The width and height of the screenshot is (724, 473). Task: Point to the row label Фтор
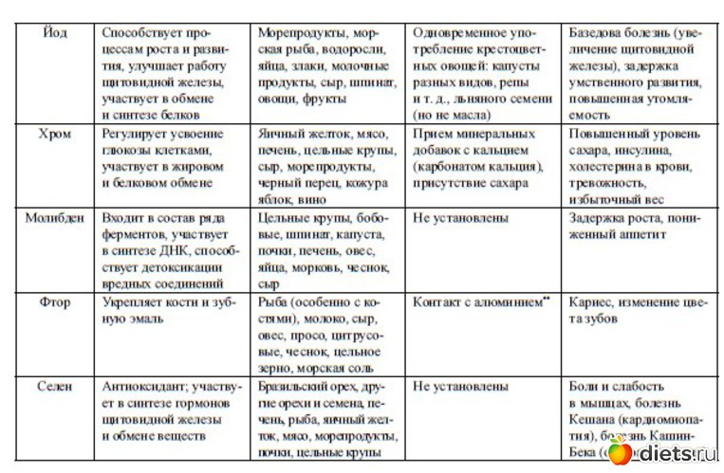(54, 302)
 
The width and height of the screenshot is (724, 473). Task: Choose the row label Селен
(54, 387)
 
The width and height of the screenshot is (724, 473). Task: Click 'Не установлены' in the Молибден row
(460, 219)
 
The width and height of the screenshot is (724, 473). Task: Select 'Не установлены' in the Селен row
(460, 387)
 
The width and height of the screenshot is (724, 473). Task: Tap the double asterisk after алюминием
(547, 300)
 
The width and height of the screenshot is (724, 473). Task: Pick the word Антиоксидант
(144, 387)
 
